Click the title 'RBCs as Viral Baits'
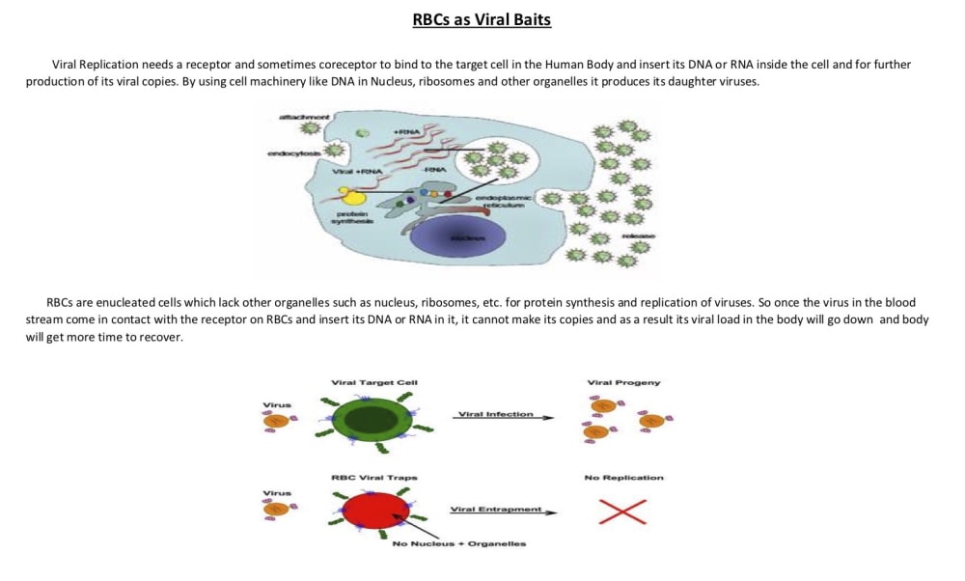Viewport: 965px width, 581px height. click(x=482, y=19)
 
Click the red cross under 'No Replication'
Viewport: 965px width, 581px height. click(x=622, y=511)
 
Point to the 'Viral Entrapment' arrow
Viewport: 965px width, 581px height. click(x=503, y=511)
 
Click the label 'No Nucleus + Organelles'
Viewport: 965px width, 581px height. click(x=459, y=543)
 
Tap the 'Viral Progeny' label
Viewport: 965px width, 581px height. click(x=623, y=383)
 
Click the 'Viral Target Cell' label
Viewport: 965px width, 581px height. click(x=373, y=383)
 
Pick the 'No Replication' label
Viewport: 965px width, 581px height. click(x=623, y=477)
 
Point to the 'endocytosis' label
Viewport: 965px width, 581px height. click(x=293, y=154)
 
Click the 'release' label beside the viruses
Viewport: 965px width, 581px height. click(x=639, y=236)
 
